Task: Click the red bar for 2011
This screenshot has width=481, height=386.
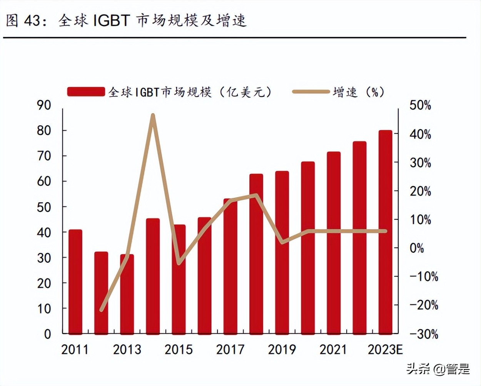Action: [x=75, y=281]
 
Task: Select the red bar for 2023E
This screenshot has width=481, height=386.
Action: [x=385, y=232]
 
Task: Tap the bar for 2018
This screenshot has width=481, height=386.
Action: [x=256, y=254]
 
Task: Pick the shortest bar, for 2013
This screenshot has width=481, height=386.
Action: [x=127, y=294]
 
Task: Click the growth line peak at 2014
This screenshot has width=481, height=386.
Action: [x=153, y=115]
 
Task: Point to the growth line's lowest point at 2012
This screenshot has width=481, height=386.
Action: [x=102, y=309]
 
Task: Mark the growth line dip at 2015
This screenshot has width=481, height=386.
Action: [x=179, y=263]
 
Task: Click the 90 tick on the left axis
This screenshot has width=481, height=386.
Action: [x=44, y=105]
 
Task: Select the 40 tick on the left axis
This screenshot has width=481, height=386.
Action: [x=44, y=232]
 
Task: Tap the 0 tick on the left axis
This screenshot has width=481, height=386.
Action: [x=47, y=334]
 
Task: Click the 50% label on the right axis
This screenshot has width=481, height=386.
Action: [x=420, y=105]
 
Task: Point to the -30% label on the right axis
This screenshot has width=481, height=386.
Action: [x=423, y=334]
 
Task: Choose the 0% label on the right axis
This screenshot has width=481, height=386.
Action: [x=417, y=248]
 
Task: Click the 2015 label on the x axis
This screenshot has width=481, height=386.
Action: [x=179, y=349]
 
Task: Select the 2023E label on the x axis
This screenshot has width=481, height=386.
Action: [x=385, y=349]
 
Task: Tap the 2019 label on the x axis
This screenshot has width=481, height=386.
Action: [x=282, y=349]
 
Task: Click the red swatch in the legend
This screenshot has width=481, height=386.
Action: [x=86, y=92]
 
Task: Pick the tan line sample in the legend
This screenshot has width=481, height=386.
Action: [x=311, y=92]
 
